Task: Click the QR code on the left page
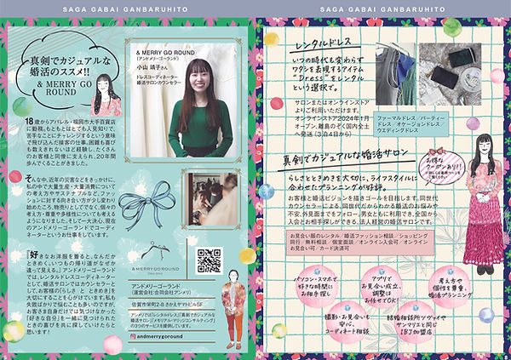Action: coord(209,261)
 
